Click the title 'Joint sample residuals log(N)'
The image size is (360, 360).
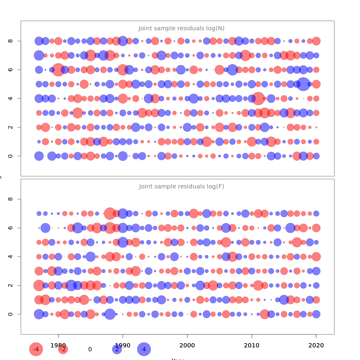coord(181,28)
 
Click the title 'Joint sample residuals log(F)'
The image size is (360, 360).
coord(181,187)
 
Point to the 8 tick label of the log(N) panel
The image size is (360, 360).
coord(10,41)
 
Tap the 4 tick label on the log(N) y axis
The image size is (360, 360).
coord(10,98)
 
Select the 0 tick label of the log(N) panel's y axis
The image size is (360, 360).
coord(10,156)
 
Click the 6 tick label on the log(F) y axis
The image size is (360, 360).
coord(10,228)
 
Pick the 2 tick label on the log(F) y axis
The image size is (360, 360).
coord(10,285)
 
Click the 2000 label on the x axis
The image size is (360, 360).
coord(187,345)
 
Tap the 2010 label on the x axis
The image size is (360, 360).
coord(252,345)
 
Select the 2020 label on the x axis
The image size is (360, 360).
coord(316,345)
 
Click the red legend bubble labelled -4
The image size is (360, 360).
coord(36,349)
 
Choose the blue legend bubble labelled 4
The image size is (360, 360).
coord(144,349)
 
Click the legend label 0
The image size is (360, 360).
coord(90,349)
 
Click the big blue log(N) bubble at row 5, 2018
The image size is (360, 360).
coord(303,84)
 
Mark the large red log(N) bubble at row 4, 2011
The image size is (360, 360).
coord(258,98)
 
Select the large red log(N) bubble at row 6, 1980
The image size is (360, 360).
coord(58,70)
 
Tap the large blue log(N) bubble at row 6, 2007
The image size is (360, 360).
coord(232,70)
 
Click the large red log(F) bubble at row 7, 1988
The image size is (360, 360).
coord(110,213)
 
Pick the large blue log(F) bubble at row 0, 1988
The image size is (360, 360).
coord(110,314)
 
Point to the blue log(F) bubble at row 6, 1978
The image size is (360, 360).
coord(45,228)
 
